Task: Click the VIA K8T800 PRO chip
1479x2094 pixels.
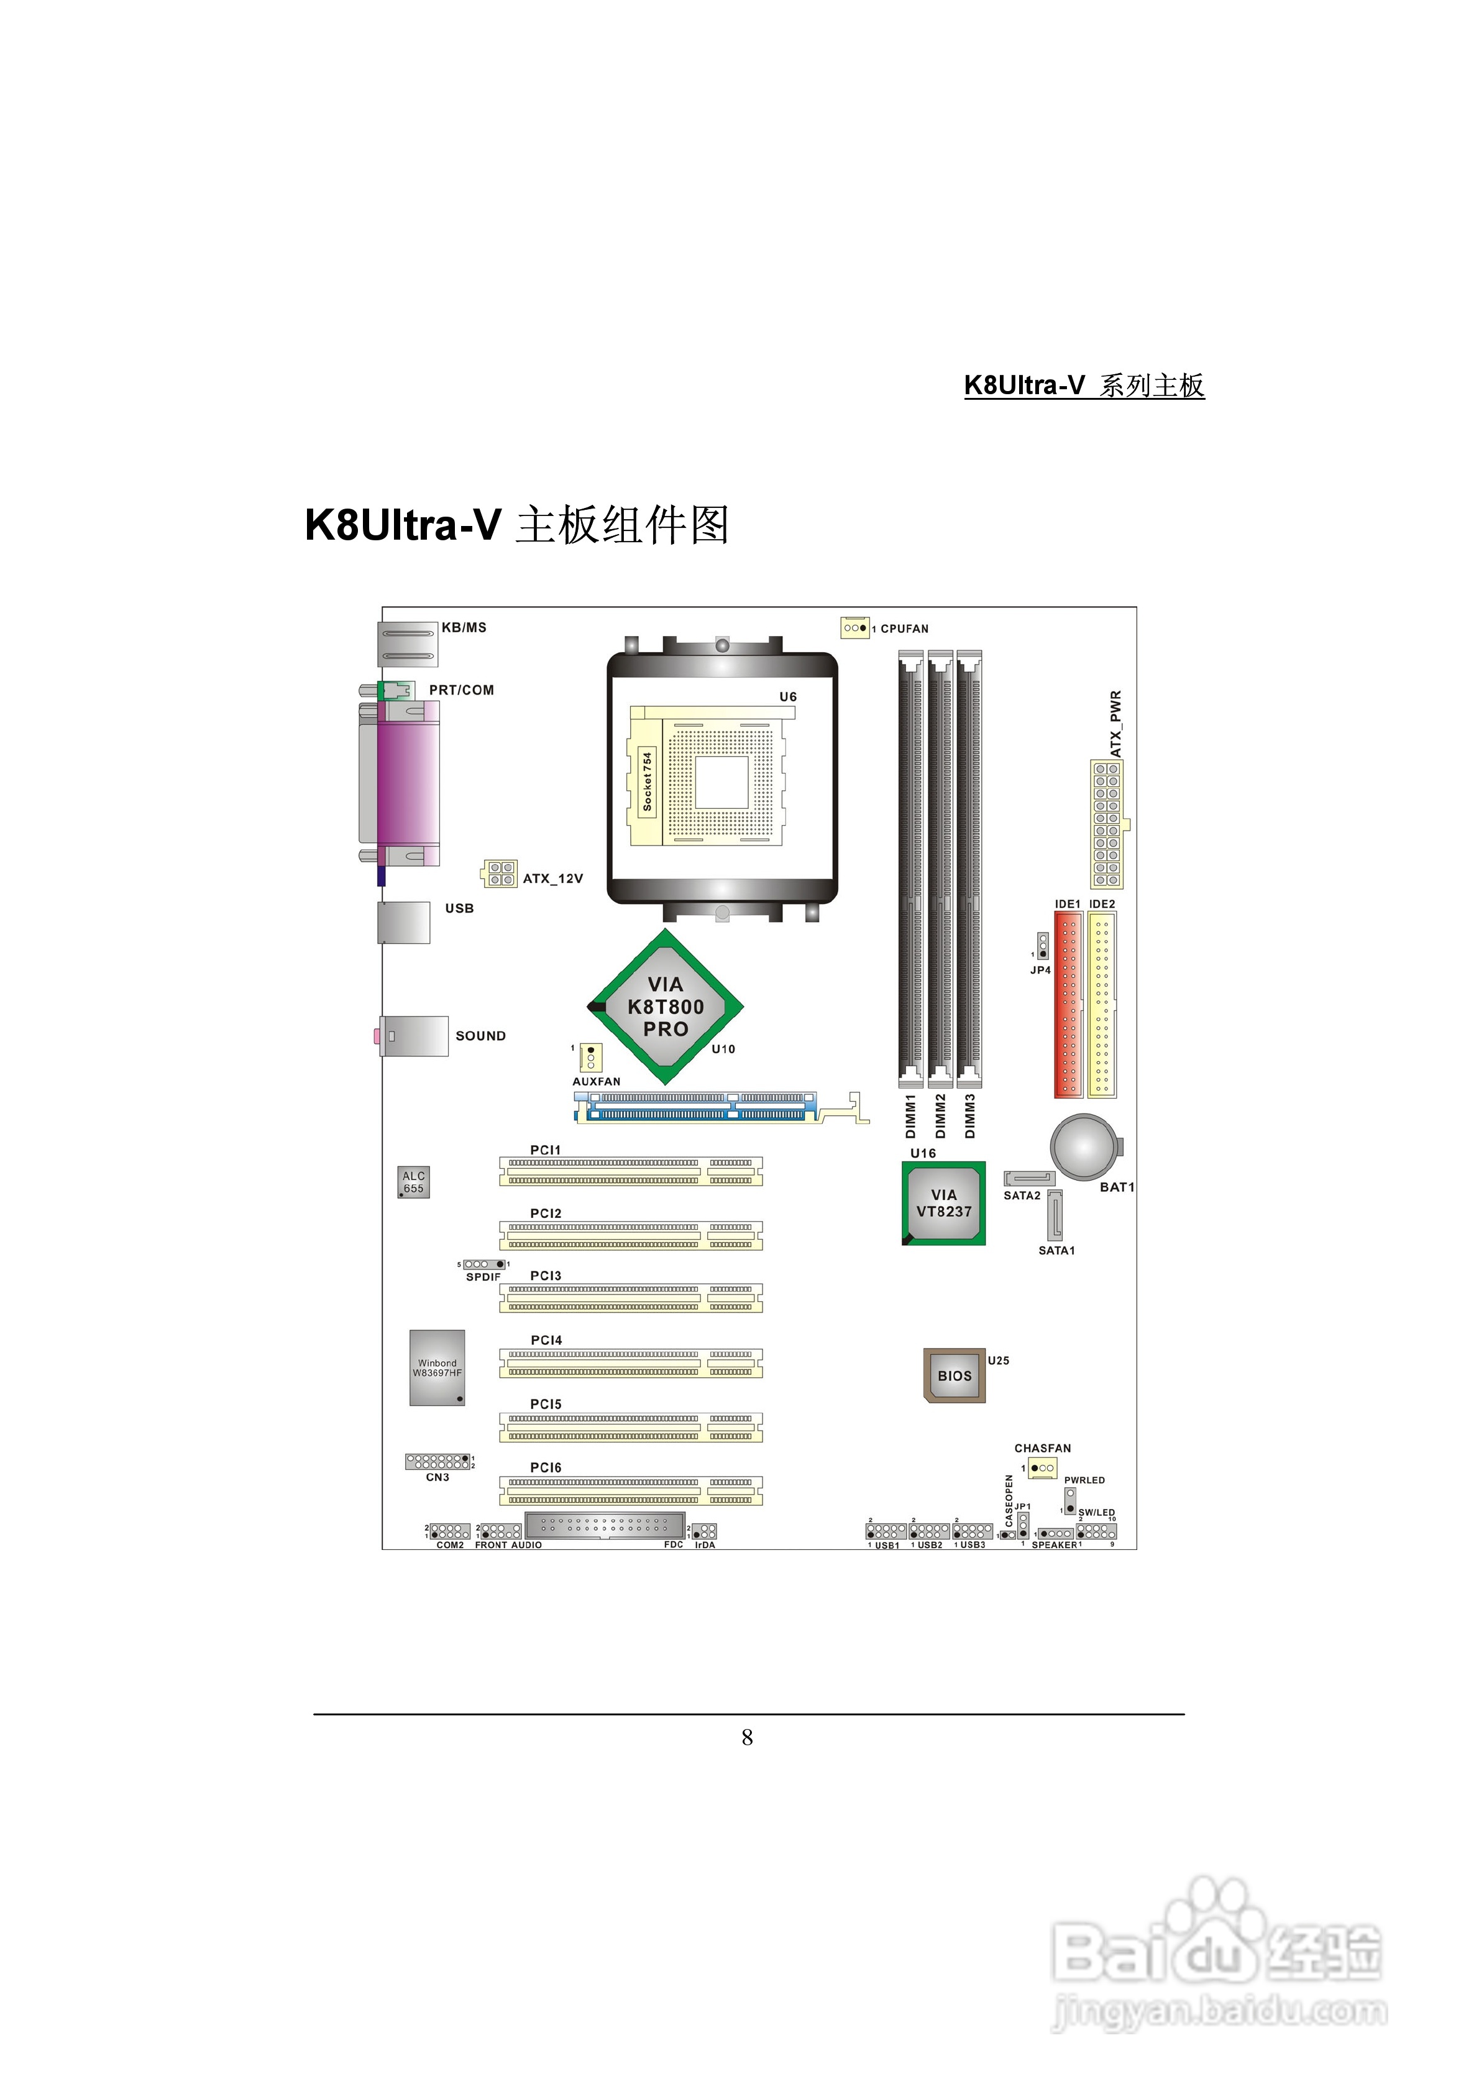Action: click(x=666, y=1007)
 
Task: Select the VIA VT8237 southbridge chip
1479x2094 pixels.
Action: click(x=944, y=1203)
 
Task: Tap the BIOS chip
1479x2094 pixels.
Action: click(x=954, y=1375)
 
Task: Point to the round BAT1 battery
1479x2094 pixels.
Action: click(x=1085, y=1147)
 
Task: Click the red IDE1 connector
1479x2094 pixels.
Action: click(x=1069, y=1004)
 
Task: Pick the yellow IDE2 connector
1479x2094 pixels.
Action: click(x=1102, y=1004)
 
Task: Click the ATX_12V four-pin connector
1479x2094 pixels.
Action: click(x=500, y=874)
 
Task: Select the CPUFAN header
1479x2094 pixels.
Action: click(x=854, y=627)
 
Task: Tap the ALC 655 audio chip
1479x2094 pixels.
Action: click(x=413, y=1182)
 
